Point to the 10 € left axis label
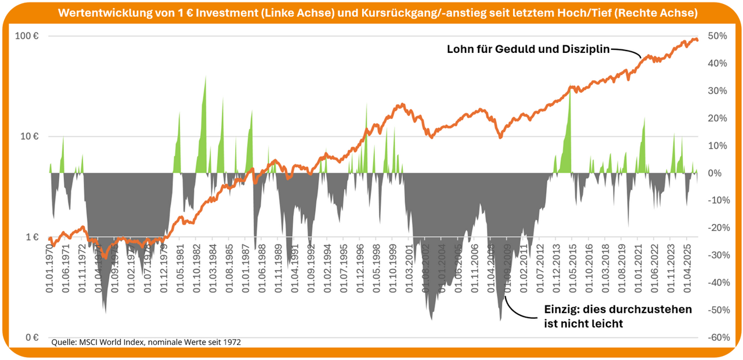pyautogui.click(x=31, y=137)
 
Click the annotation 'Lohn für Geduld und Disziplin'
pyautogui.click(x=528, y=49)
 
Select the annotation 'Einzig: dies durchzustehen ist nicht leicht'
pyautogui.click(x=617, y=316)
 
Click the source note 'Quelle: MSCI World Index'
pyautogui.click(x=146, y=343)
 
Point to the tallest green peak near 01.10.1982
pyautogui.click(x=205, y=87)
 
